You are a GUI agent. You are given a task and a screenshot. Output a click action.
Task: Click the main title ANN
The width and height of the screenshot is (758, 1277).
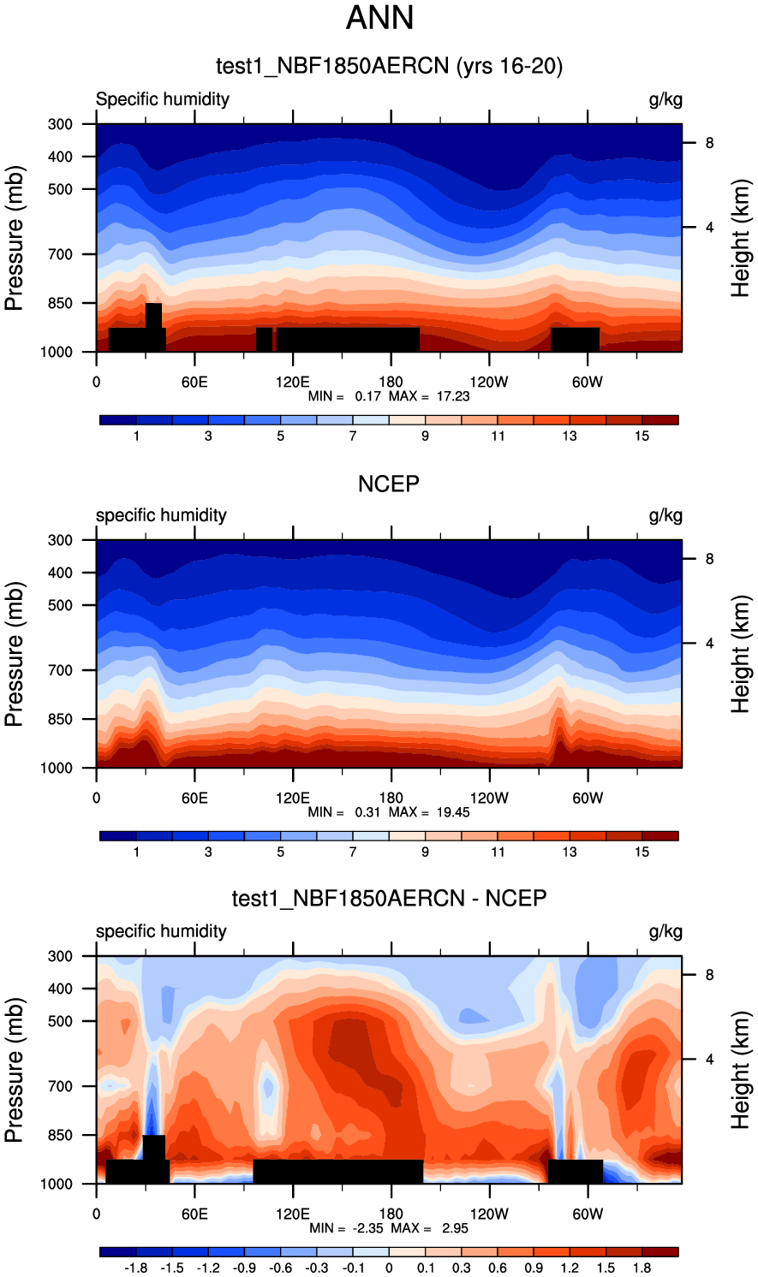379,18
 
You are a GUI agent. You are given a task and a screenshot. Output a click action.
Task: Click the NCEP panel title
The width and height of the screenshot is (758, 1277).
389,484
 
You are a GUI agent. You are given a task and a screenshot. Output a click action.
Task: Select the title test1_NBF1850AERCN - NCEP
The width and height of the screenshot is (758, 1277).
389,899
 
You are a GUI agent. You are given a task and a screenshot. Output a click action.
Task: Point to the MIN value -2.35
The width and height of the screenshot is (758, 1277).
346,1228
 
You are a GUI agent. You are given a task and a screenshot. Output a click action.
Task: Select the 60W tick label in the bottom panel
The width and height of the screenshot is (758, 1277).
588,1214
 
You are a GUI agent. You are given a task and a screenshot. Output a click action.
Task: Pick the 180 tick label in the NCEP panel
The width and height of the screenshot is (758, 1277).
391,798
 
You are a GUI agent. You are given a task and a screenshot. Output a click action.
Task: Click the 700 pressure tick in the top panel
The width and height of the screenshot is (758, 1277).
60,254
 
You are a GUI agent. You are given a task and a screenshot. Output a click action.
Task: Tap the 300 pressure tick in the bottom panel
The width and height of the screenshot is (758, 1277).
60,956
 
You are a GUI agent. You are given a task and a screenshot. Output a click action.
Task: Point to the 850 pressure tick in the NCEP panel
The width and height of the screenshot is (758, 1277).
60,720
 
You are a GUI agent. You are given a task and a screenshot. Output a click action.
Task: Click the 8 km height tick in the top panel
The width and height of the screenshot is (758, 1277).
709,143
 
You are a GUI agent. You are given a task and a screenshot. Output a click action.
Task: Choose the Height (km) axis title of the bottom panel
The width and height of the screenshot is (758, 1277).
740,1070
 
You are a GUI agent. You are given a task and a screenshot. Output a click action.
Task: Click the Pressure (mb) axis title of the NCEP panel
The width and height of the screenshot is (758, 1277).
15,654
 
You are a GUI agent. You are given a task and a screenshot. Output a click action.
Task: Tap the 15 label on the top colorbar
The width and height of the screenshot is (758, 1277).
642,437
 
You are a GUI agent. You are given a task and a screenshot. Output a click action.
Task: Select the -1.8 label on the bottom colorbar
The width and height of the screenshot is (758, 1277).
135,1268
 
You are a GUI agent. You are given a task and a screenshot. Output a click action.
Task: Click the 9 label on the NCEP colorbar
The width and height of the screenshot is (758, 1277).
425,852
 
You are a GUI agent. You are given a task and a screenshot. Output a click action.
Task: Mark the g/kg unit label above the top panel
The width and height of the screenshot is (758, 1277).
665,99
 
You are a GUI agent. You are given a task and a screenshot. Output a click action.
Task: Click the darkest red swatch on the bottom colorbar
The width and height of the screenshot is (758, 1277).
660,1252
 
